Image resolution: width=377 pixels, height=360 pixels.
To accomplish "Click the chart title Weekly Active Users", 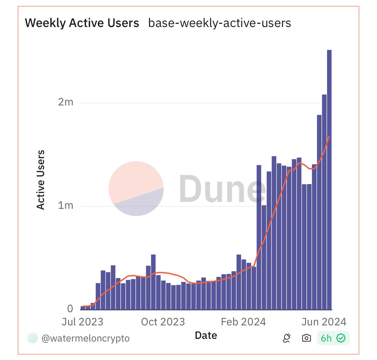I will pos(82,23).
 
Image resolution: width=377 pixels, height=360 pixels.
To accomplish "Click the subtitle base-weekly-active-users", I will pos(219,23).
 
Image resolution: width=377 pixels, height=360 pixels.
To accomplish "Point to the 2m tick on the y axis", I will pos(65,102).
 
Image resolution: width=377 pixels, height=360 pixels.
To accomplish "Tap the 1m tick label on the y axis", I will pos(65,205).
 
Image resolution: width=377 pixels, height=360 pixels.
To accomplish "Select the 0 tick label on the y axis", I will pos(70,309).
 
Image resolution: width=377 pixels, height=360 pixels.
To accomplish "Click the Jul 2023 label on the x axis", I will pos(82,322).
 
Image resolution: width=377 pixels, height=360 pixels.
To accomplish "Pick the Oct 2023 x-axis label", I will pos(163,322).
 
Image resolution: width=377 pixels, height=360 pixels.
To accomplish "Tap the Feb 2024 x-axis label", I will pos(243,322).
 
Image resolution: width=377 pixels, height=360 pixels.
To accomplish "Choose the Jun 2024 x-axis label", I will pos(324,322).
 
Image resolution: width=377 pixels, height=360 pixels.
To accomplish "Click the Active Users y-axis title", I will pos(41,180).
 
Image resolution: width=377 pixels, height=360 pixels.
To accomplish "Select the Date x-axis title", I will pos(206,335).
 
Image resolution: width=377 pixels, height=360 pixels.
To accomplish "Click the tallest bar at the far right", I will pos(329,179).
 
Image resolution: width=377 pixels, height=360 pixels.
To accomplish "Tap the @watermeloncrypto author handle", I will pos(85,338).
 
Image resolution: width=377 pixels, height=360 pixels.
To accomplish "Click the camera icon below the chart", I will pos(306,338).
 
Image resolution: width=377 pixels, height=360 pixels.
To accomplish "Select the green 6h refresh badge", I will pos(333,338).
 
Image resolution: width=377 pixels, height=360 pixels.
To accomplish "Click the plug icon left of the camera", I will pos(287,338).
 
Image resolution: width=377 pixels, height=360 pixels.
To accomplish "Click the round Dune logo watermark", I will pos(136,188).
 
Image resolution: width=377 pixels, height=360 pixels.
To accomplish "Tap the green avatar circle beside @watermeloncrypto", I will pos(33,338).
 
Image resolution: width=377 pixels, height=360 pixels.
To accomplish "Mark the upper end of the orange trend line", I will pos(329,136).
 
